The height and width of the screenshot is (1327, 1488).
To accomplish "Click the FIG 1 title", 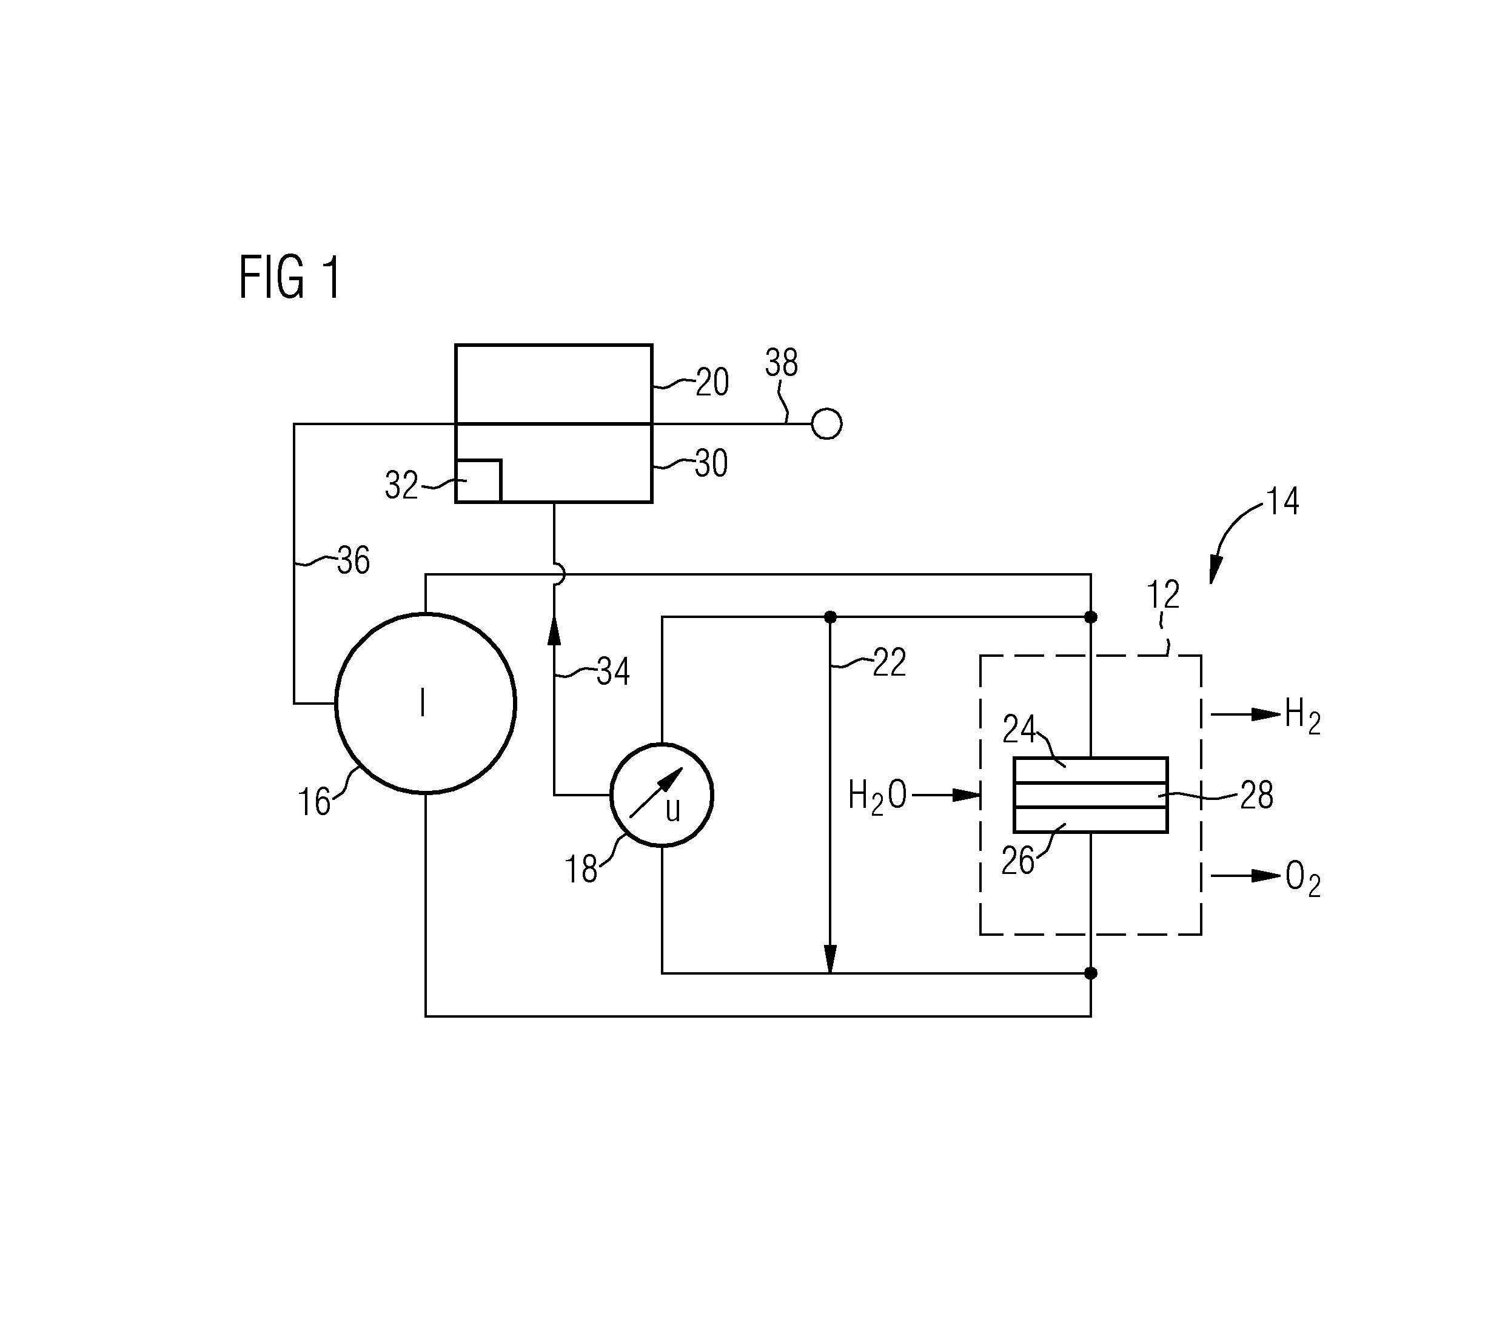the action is (x=289, y=277).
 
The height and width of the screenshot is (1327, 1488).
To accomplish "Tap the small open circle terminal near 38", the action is (x=826, y=423).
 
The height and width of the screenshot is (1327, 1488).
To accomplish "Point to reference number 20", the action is (x=712, y=382).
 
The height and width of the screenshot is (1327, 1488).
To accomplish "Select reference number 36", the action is (x=354, y=560).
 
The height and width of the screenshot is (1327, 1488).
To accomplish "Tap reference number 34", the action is (x=613, y=671).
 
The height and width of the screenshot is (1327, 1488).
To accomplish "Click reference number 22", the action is (x=890, y=663).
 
